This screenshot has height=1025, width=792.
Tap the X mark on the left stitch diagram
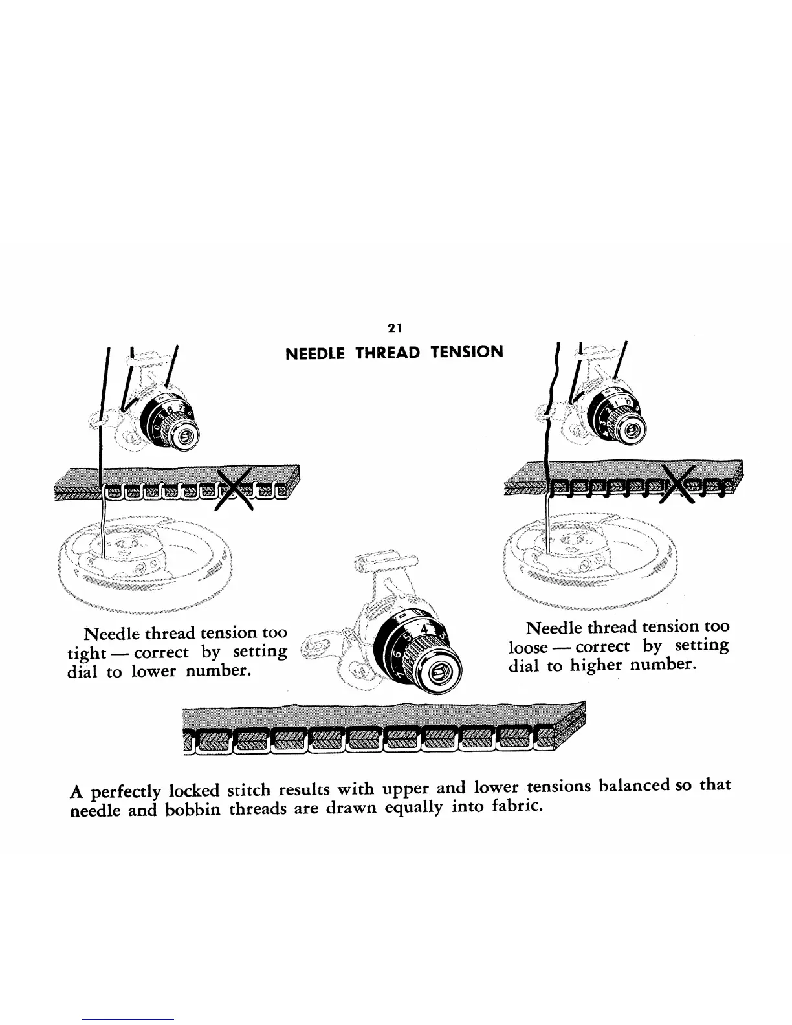[x=234, y=489]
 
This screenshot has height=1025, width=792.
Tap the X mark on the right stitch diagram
[x=677, y=486]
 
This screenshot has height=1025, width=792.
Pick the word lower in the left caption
[x=153, y=671]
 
